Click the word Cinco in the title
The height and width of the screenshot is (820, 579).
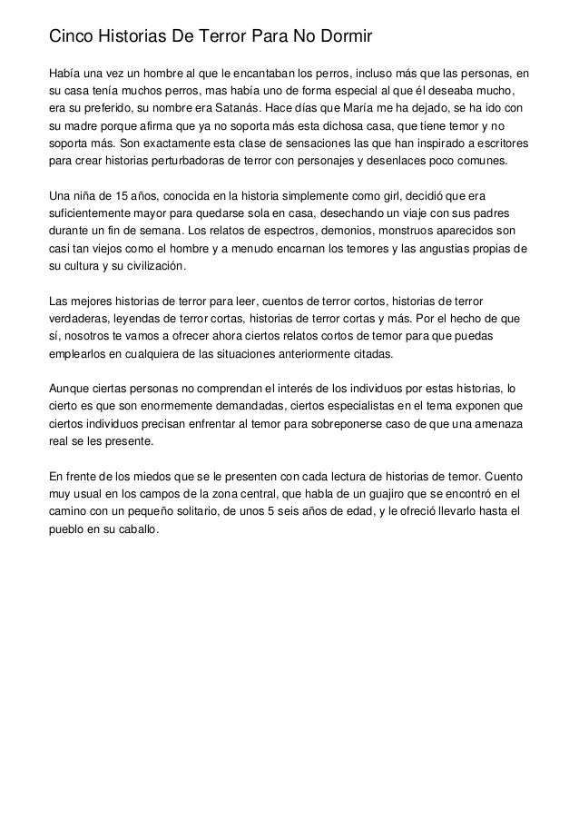[x=70, y=36]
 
